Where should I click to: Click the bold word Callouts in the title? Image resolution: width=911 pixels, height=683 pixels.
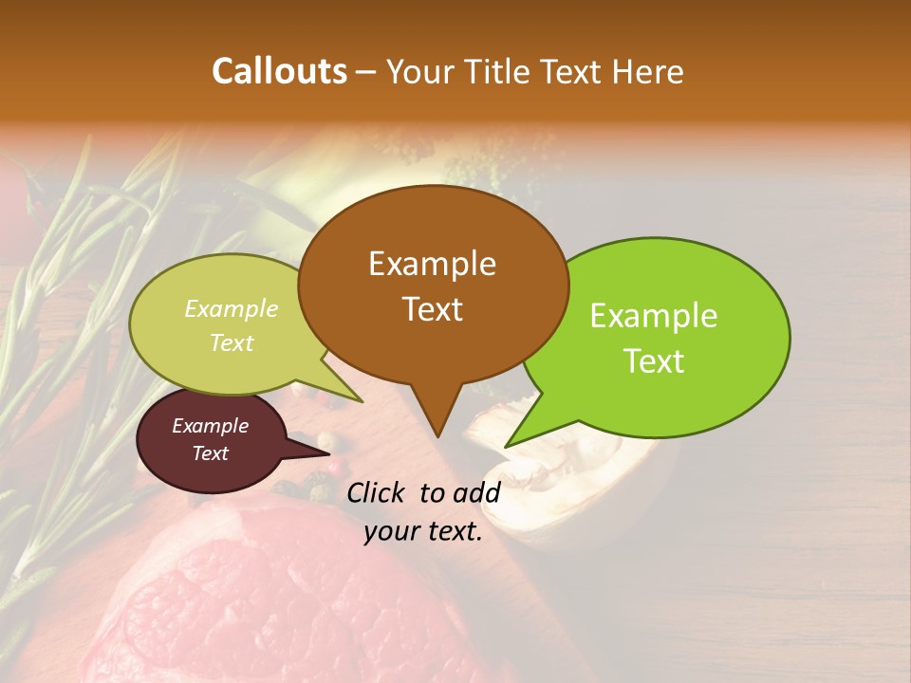[279, 71]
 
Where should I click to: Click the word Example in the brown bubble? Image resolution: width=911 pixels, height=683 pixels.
[432, 264]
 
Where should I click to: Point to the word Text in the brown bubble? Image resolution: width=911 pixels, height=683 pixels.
[432, 309]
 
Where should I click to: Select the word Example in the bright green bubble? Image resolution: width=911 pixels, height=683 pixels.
[654, 316]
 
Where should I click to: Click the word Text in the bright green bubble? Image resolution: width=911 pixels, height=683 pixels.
[654, 361]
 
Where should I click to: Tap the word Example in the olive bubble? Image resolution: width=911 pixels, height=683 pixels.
[232, 309]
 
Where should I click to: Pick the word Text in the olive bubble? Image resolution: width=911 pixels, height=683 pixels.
[232, 342]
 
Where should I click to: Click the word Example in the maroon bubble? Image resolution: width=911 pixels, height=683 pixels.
[211, 426]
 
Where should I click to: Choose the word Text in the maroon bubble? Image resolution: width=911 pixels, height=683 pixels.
[211, 453]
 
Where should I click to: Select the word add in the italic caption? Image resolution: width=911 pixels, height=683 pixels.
[476, 492]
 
